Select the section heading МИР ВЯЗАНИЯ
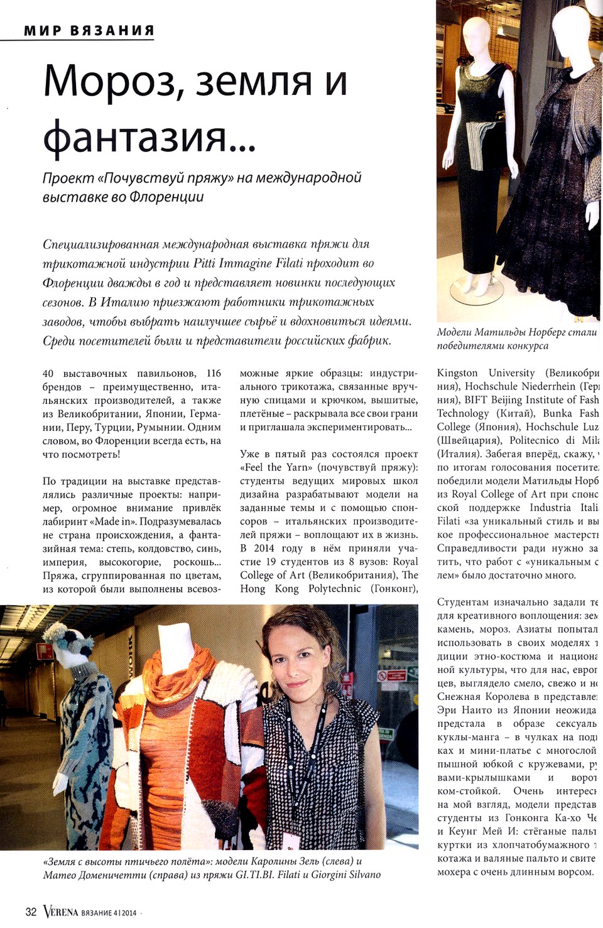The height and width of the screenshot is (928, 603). (89, 30)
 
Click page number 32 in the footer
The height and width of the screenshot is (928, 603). (31, 912)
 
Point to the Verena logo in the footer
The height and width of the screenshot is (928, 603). (60, 912)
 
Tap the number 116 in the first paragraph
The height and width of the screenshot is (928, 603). (214, 373)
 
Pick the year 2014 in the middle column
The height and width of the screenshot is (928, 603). (264, 549)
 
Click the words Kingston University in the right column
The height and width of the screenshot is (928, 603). (486, 373)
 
